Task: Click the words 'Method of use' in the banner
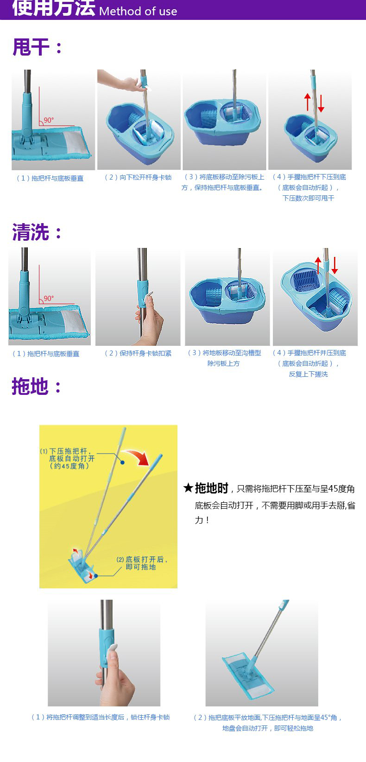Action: [138, 11]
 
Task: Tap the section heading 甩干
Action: [31, 47]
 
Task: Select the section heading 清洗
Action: [31, 232]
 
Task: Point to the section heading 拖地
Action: [30, 386]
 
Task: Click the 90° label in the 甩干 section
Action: [49, 120]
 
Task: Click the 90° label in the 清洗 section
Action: [49, 298]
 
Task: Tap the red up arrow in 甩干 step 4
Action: [308, 102]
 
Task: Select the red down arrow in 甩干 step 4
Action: [321, 103]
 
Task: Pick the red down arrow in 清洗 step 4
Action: [334, 265]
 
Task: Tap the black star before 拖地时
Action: [188, 488]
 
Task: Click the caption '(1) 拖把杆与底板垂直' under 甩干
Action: [50, 178]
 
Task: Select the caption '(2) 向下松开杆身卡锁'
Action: [138, 177]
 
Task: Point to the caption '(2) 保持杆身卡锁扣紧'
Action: [138, 353]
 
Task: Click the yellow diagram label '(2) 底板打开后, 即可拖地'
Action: [142, 563]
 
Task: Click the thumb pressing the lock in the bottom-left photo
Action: [112, 654]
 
